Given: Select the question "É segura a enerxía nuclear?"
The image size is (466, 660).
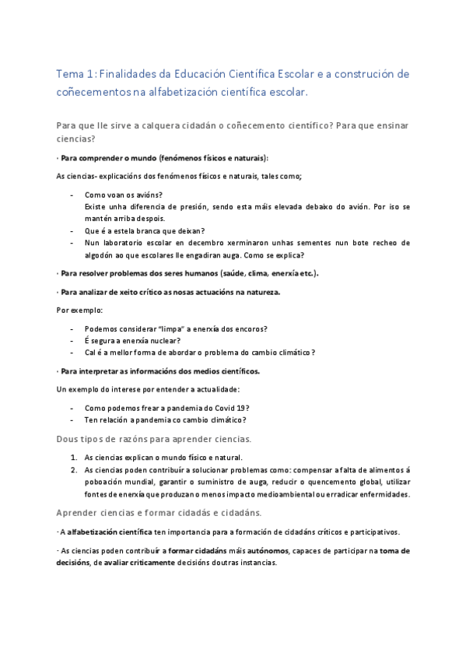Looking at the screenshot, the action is pos(132,340).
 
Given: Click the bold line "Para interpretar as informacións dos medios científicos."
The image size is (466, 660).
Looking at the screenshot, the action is pos(160,370).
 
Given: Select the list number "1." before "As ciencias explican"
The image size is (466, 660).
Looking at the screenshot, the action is pos(74,458).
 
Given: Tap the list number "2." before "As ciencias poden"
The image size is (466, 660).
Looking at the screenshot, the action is pos(74,469).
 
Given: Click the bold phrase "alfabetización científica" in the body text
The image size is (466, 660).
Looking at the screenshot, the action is pos(110,532).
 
